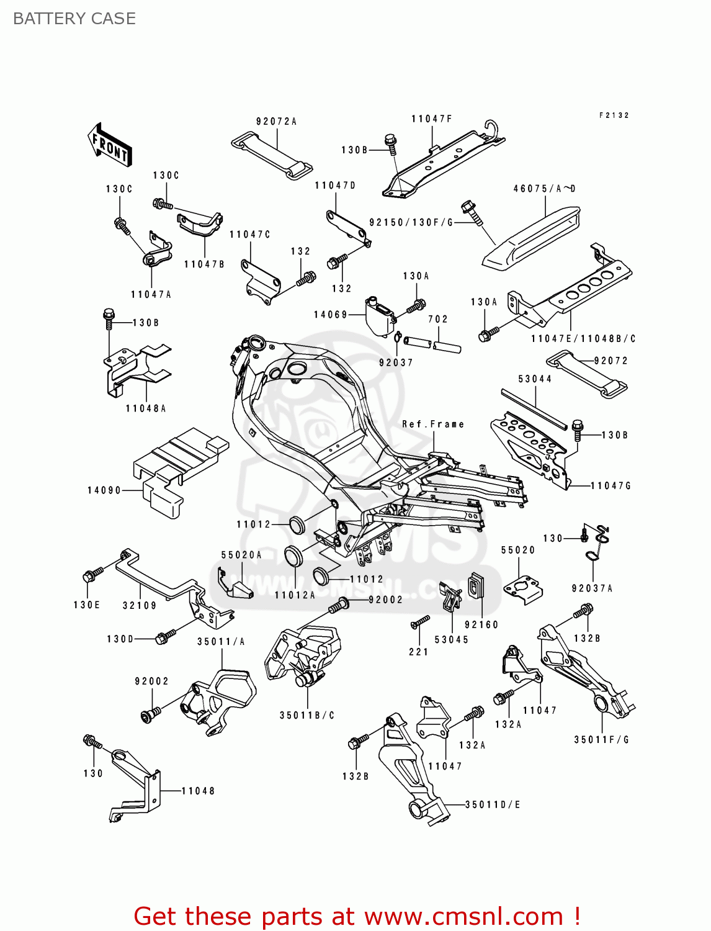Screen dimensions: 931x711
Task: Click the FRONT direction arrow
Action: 110,145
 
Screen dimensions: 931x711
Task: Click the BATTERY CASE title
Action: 74,19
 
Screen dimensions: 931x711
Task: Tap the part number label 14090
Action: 104,490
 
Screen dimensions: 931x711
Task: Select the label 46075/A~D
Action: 544,189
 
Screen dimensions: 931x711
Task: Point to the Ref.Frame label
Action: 433,425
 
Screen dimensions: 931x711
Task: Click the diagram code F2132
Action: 614,115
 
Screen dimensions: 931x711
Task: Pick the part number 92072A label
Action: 276,122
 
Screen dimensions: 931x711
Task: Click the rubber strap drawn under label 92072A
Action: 272,155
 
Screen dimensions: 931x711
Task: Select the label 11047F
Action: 432,119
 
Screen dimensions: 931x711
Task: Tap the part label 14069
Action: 331,315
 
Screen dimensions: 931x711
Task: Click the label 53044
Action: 535,379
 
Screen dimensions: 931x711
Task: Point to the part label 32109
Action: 139,605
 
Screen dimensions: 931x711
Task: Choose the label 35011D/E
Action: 493,804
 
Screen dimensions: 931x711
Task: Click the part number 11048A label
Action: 146,408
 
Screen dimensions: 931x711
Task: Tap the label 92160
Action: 481,624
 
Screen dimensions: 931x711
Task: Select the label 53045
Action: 451,639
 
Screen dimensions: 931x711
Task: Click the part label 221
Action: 418,652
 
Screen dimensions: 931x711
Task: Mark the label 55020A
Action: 241,555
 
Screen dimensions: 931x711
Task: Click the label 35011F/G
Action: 601,739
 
